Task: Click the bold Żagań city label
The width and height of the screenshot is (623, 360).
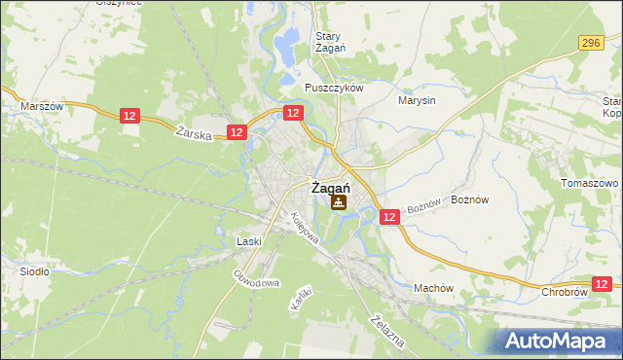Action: pos(330,189)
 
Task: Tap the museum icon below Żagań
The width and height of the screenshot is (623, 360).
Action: pos(338,202)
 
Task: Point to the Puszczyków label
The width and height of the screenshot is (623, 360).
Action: pos(333,87)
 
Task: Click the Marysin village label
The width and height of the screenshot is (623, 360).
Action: pos(418,99)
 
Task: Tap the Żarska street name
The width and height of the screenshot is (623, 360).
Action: pos(195,135)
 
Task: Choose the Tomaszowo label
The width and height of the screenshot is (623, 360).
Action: pos(590,183)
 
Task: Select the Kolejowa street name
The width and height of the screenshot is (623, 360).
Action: pos(303,230)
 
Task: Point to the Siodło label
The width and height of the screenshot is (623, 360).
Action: pos(35,271)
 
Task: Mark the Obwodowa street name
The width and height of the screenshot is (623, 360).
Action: pos(256,276)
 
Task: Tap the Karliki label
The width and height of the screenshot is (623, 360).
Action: pos(300,296)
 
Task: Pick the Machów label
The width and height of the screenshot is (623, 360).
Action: pos(433,288)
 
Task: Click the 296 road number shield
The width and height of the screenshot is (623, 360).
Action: pos(590,43)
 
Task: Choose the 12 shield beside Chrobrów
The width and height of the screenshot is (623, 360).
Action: pos(605,283)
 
